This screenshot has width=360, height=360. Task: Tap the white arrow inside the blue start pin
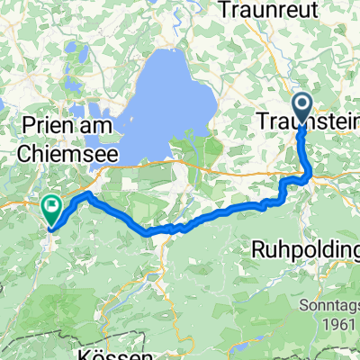pos(301,104)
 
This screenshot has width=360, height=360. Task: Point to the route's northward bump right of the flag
pos(86,194)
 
